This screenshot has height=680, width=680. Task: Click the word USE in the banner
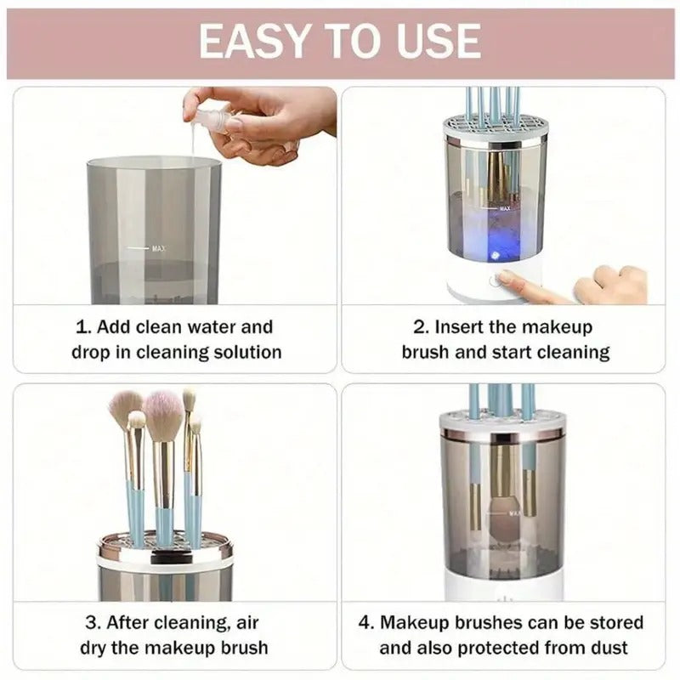pos(437,41)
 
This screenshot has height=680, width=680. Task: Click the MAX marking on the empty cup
pos(158,248)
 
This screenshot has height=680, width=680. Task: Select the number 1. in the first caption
pos(82,327)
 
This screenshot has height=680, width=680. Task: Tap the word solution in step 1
pos(241,351)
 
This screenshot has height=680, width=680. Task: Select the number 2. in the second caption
pos(421,327)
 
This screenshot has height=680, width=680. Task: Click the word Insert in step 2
pos(461,327)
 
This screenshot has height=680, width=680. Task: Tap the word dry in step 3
pos(96,647)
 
